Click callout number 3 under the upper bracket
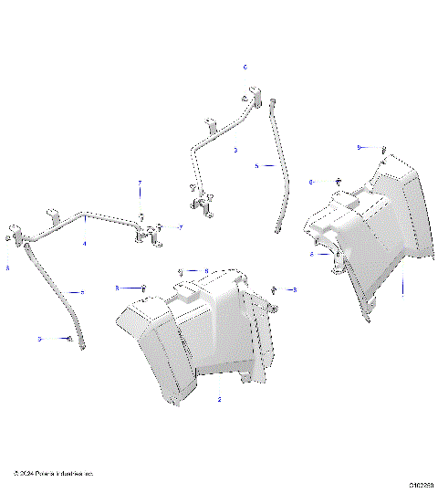[235, 150]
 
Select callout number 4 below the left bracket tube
[85, 245]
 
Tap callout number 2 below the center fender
[220, 400]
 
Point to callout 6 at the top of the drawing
[245, 68]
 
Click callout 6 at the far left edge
[7, 268]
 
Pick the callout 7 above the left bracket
[140, 184]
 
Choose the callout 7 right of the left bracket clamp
[181, 226]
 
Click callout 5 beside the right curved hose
[257, 166]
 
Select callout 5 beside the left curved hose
[82, 292]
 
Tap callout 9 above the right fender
[360, 147]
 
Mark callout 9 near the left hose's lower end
[40, 339]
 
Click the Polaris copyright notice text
[54, 474]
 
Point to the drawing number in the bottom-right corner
[421, 485]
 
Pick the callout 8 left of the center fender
[117, 288]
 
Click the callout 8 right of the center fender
[294, 288]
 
